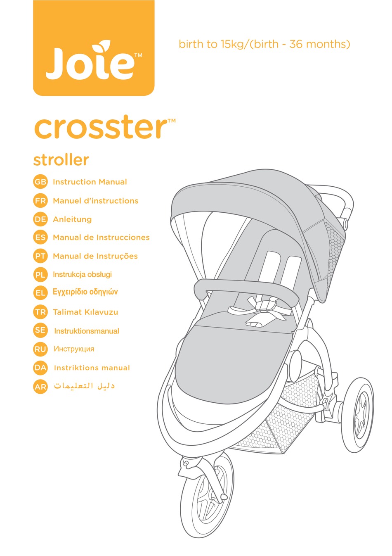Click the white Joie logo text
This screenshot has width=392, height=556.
[90, 62]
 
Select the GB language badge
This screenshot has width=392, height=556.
[40, 182]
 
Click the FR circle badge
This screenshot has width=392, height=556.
[40, 201]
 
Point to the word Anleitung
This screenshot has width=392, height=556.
[72, 219]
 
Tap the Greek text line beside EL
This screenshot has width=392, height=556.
[85, 292]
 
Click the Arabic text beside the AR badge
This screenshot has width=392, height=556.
[84, 386]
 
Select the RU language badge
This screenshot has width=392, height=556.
[40, 349]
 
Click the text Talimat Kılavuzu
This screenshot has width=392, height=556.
[85, 312]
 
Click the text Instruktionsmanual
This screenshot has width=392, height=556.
[87, 331]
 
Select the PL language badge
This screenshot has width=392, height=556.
[40, 275]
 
